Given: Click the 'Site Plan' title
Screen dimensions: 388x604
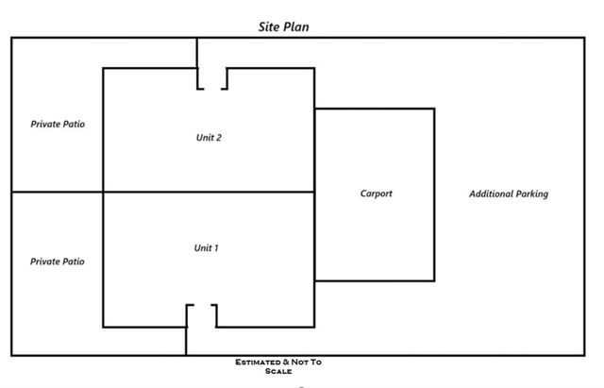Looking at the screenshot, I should point(284,27).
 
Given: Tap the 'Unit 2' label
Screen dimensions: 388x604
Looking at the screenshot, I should point(209,138).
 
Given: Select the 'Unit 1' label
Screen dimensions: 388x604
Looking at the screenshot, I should point(207,248).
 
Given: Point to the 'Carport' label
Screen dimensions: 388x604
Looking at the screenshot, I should point(376,194).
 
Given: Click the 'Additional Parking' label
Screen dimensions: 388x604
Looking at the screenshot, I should point(509,194).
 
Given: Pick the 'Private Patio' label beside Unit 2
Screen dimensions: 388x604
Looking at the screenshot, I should point(58,124).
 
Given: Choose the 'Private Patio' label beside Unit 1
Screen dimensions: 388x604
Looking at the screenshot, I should point(58,261).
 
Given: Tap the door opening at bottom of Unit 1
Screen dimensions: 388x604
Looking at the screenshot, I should point(201,314).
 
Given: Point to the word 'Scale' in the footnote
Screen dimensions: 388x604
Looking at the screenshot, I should point(284,371).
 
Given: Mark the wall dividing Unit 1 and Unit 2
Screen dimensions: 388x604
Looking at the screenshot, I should point(209,193).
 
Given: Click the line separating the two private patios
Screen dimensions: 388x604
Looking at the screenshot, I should point(57,193).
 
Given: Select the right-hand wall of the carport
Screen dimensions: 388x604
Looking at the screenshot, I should point(434,194).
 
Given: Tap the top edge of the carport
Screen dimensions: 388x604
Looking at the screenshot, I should point(375,109).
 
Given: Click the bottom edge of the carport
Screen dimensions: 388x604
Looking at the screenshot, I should point(375,280).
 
